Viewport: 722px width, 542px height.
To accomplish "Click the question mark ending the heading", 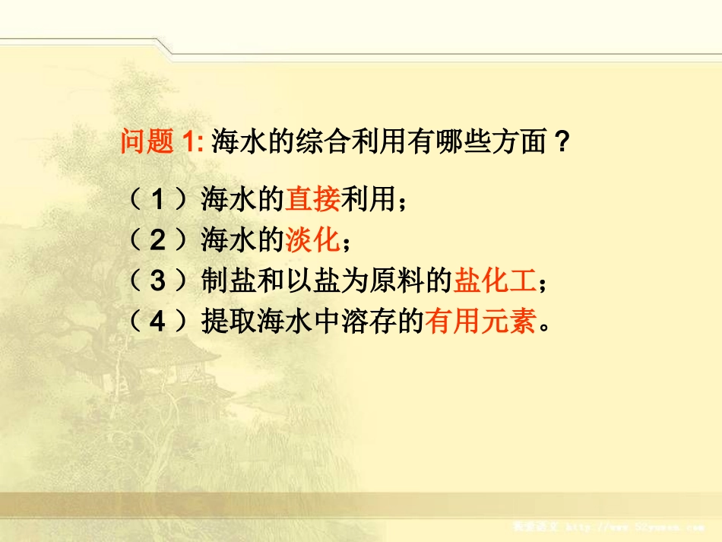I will (x=561, y=141).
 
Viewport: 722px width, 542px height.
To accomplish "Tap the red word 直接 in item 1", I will (x=313, y=201).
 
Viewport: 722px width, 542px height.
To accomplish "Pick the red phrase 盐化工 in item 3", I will (x=495, y=281).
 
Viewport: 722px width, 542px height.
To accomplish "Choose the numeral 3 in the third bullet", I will (x=157, y=282).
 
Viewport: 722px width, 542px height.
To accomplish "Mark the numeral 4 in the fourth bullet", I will (x=157, y=322).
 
